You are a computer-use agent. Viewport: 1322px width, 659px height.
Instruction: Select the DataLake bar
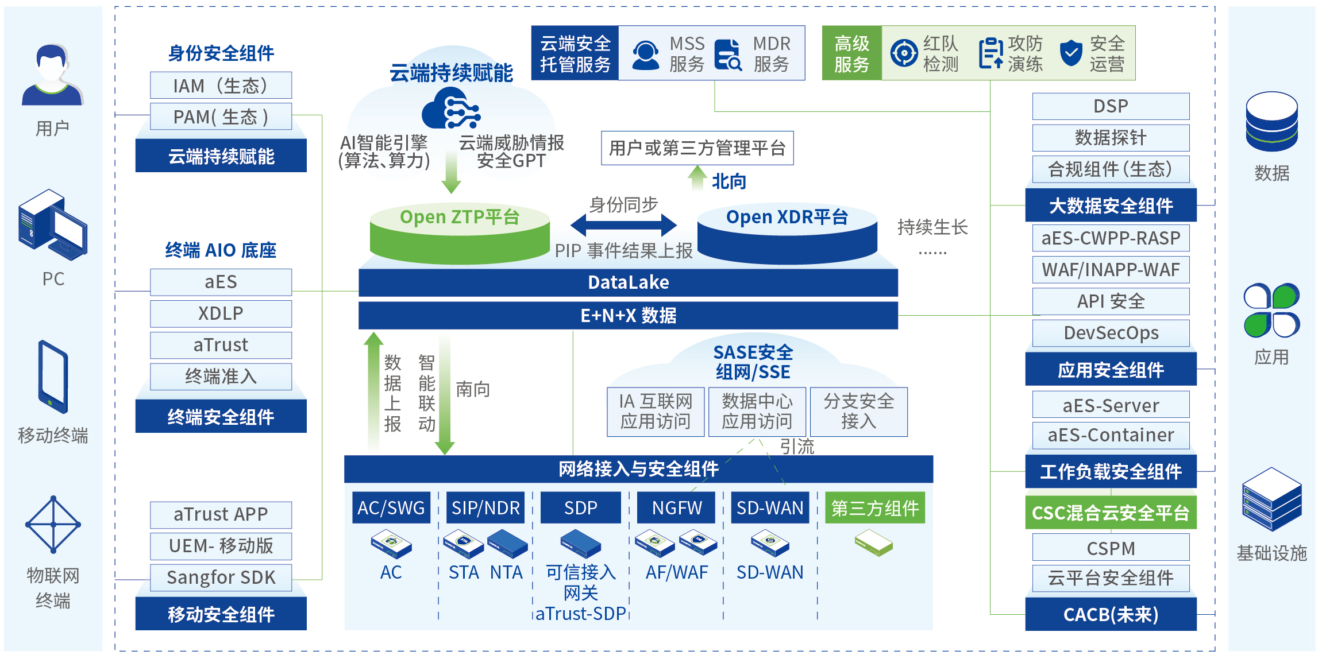[628, 282]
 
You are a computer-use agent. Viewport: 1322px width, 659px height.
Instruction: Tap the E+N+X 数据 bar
[628, 316]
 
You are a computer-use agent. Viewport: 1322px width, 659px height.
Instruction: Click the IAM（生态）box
[221, 86]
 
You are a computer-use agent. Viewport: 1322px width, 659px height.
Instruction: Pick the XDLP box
[221, 313]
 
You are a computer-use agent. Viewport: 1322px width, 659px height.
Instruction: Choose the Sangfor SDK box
[221, 577]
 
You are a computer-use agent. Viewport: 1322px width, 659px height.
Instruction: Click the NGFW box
[676, 508]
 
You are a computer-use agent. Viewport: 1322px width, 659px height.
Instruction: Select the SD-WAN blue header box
[770, 508]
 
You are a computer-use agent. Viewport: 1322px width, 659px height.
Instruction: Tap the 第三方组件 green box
[874, 508]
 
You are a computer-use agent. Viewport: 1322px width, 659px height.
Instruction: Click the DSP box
[1111, 106]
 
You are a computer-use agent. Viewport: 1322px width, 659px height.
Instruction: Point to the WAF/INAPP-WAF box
[1111, 270]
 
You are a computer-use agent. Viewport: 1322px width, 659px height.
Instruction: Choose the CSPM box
[1111, 548]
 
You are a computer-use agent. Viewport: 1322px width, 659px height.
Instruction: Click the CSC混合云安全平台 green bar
[1111, 513]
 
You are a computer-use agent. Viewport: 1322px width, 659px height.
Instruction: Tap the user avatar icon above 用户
[52, 75]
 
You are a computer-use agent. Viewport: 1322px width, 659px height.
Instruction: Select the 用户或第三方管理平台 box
[697, 148]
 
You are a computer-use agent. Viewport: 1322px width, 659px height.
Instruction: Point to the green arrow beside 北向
[697, 178]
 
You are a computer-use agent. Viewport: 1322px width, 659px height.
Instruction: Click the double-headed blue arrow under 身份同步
[623, 225]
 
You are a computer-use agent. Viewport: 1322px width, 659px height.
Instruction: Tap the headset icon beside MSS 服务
[646, 55]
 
